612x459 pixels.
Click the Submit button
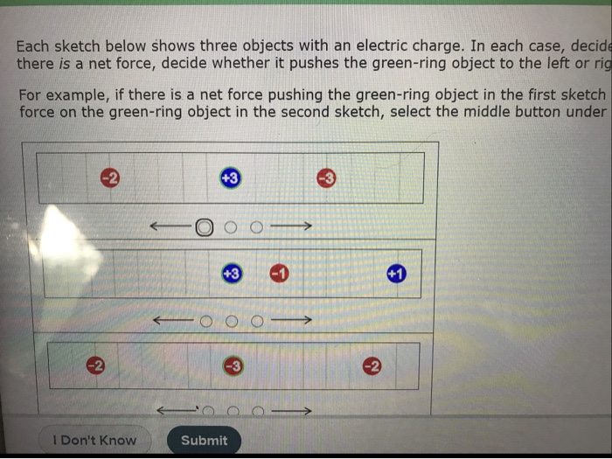204,440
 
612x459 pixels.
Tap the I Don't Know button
94,440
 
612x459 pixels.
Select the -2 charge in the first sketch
109,178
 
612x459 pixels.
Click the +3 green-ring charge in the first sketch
230,178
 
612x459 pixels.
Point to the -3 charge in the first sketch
325,178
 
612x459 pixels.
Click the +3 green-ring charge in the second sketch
232,274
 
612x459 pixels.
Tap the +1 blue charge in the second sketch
396,274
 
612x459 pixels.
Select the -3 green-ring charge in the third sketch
232,365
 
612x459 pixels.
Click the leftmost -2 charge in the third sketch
94,365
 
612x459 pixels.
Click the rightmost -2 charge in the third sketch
372,365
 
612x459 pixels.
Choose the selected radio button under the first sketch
204,227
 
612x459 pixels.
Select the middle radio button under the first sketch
231,227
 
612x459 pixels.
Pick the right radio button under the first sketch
256,227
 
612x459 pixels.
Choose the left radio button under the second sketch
206,321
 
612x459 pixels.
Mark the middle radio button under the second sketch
232,321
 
